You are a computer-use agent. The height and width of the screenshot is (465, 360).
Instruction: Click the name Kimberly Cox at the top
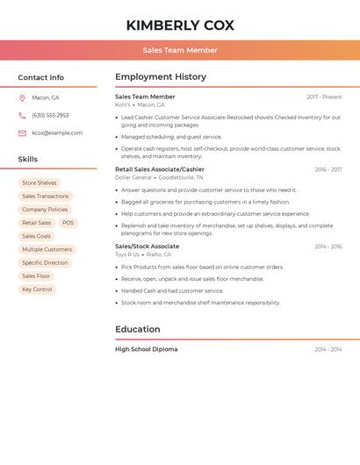tap(180, 25)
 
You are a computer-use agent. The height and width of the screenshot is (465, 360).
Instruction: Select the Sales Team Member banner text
tap(180, 50)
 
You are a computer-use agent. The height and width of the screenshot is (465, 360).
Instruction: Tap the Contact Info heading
tap(40, 77)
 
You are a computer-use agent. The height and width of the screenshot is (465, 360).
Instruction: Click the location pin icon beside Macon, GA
tap(22, 97)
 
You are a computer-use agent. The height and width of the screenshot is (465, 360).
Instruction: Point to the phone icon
tap(22, 115)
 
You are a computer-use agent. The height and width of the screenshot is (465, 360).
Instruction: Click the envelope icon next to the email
tap(22, 132)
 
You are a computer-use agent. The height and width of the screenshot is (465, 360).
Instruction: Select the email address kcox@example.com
tap(57, 132)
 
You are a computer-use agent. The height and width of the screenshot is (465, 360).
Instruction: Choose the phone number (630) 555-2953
tap(50, 115)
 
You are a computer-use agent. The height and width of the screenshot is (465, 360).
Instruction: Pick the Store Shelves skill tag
tap(40, 183)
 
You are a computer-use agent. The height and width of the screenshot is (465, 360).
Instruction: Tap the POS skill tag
tap(68, 223)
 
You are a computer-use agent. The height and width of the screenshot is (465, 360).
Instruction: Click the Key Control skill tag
tap(37, 289)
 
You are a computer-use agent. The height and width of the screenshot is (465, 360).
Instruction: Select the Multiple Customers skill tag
tap(47, 249)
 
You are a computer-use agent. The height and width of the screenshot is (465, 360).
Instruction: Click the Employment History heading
tap(161, 77)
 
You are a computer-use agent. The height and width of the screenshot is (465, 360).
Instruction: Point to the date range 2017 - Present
tap(324, 97)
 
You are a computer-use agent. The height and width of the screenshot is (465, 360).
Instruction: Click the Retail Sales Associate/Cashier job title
tap(160, 169)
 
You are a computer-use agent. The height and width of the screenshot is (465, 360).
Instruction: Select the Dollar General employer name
tap(133, 177)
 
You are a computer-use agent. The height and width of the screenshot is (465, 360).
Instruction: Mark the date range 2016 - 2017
tap(328, 169)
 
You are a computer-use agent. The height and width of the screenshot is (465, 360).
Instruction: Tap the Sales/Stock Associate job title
tap(147, 247)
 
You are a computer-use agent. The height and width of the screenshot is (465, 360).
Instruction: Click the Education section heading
tap(138, 330)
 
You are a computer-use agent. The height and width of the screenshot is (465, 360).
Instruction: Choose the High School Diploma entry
tap(146, 349)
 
